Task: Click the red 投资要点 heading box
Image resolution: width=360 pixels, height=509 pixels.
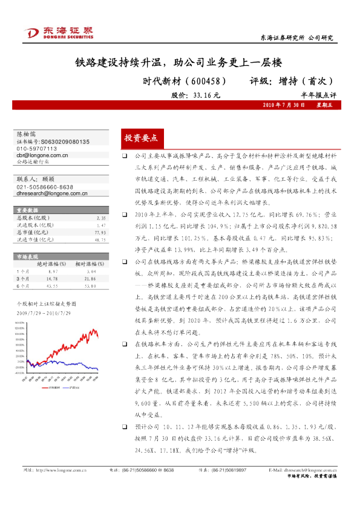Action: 140,138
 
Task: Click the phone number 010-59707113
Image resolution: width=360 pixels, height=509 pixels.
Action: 37,148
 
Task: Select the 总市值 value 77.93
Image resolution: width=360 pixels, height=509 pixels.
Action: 100,232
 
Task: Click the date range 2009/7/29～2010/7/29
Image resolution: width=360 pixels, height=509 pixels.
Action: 44,313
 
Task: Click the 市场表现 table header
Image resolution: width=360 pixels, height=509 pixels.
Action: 27,256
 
